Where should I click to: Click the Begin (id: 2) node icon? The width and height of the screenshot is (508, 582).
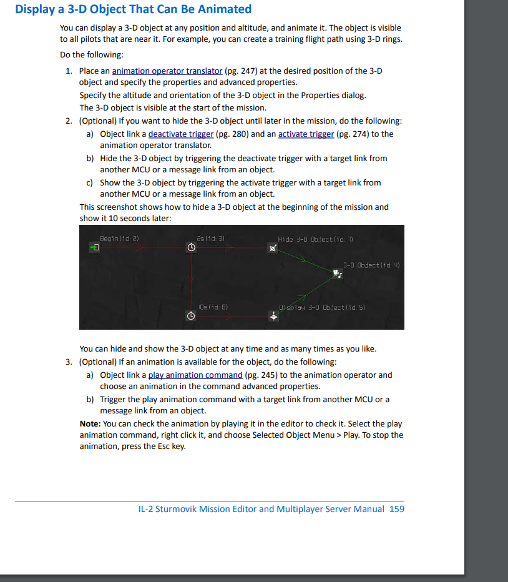pos(94,248)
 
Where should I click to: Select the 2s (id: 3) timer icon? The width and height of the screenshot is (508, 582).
pos(192,248)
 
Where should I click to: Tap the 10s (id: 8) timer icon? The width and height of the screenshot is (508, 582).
pos(192,317)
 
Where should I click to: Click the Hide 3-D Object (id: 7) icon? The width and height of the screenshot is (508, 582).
pos(273,248)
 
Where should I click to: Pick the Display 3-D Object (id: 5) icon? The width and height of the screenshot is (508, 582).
pos(273,317)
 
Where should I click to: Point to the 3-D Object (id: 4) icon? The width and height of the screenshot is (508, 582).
pos(338,273)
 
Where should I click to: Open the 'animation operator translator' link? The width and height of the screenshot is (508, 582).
pos(167,71)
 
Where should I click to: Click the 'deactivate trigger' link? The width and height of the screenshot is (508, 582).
pos(180,134)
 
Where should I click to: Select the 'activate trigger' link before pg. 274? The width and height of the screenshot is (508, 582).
pos(306,134)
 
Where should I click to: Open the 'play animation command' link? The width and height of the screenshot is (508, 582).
pos(195,375)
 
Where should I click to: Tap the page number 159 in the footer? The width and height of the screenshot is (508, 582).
pos(396,509)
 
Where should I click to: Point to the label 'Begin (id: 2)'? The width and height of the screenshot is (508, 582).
pos(119,239)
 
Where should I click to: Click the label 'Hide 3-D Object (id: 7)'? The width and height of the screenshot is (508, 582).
pos(316,239)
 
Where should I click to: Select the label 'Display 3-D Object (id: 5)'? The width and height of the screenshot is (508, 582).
pos(323,307)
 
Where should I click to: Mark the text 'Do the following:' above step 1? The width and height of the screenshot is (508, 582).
pos(92,55)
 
